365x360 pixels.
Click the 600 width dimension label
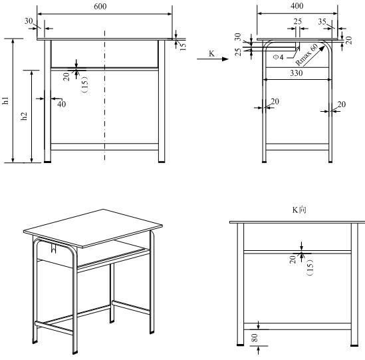pyautogui.click(x=100, y=6)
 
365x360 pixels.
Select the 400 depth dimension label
pyautogui.click(x=297, y=6)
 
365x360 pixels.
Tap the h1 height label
pyautogui.click(x=5, y=100)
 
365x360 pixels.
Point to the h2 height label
pyautogui.click(x=24, y=116)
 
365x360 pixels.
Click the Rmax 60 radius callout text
pyautogui.click(x=306, y=55)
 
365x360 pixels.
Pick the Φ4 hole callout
pyautogui.click(x=278, y=57)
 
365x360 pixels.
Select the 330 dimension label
pyautogui.click(x=297, y=73)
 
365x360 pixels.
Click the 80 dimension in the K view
pyautogui.click(x=255, y=337)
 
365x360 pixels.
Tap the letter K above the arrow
pyautogui.click(x=211, y=53)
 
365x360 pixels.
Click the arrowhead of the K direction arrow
pyautogui.click(x=225, y=59)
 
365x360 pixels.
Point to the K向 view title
pyautogui.click(x=299, y=210)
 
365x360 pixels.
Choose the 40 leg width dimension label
pyautogui.click(x=61, y=104)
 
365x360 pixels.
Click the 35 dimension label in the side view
pyautogui.click(x=322, y=22)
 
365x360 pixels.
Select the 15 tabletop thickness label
pyautogui.click(x=183, y=46)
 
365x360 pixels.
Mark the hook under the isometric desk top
pyautogui.click(x=54, y=248)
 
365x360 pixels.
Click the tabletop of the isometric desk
pyautogui.click(x=93, y=228)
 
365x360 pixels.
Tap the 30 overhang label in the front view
pyautogui.click(x=29, y=21)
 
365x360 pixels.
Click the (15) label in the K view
pyautogui.click(x=310, y=268)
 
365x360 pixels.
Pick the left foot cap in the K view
pyautogui.click(x=240, y=345)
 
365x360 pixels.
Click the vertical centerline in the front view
pyautogui.click(x=105, y=96)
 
